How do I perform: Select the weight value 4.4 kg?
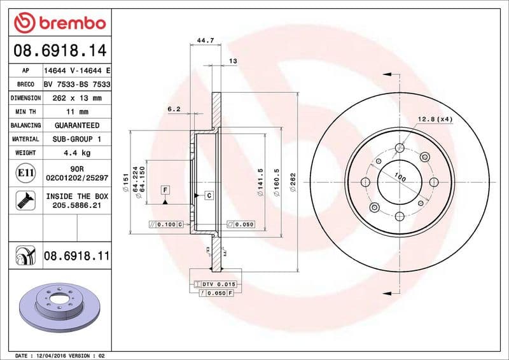(76, 153)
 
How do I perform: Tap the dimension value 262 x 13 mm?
(76, 98)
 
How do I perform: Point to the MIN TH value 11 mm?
(76, 112)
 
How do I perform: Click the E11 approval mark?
(22, 172)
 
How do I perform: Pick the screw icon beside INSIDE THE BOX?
(22, 201)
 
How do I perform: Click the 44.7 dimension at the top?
(204, 41)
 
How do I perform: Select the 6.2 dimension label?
(174, 109)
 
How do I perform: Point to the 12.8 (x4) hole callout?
(435, 119)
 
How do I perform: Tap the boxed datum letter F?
(165, 190)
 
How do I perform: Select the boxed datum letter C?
(208, 195)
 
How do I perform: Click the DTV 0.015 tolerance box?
(216, 284)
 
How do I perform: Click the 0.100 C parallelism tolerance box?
(165, 225)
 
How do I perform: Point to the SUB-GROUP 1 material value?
(76, 139)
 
